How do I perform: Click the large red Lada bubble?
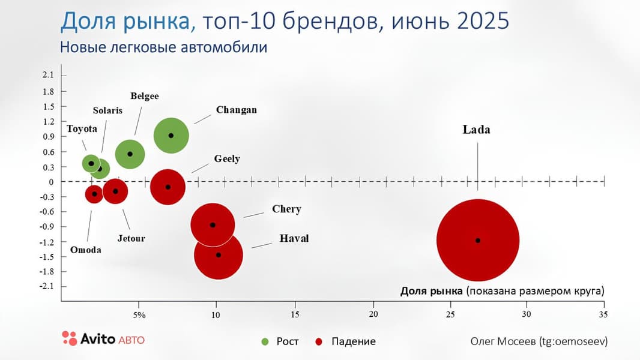pyautogui.click(x=478, y=240)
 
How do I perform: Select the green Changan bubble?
pyautogui.click(x=171, y=135)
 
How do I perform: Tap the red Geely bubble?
pyautogui.click(x=168, y=187)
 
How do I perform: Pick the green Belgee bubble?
pyautogui.click(x=130, y=154)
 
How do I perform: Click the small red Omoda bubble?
pyautogui.click(x=94, y=194)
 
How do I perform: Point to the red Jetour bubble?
pyautogui.click(x=115, y=191)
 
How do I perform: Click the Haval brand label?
pyautogui.click(x=294, y=238)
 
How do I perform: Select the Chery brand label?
pyautogui.click(x=286, y=209)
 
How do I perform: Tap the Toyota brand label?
pyautogui.click(x=82, y=129)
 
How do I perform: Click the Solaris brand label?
pyautogui.click(x=107, y=110)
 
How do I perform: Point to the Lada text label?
pyautogui.click(x=476, y=129)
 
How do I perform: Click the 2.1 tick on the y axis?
pyautogui.click(x=48, y=75)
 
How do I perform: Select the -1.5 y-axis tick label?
pyautogui.click(x=47, y=257)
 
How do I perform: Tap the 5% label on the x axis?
pyautogui.click(x=139, y=314)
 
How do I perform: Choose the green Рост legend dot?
pyautogui.click(x=265, y=341)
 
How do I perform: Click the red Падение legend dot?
pyautogui.click(x=319, y=341)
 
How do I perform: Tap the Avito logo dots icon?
pyautogui.click(x=70, y=338)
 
